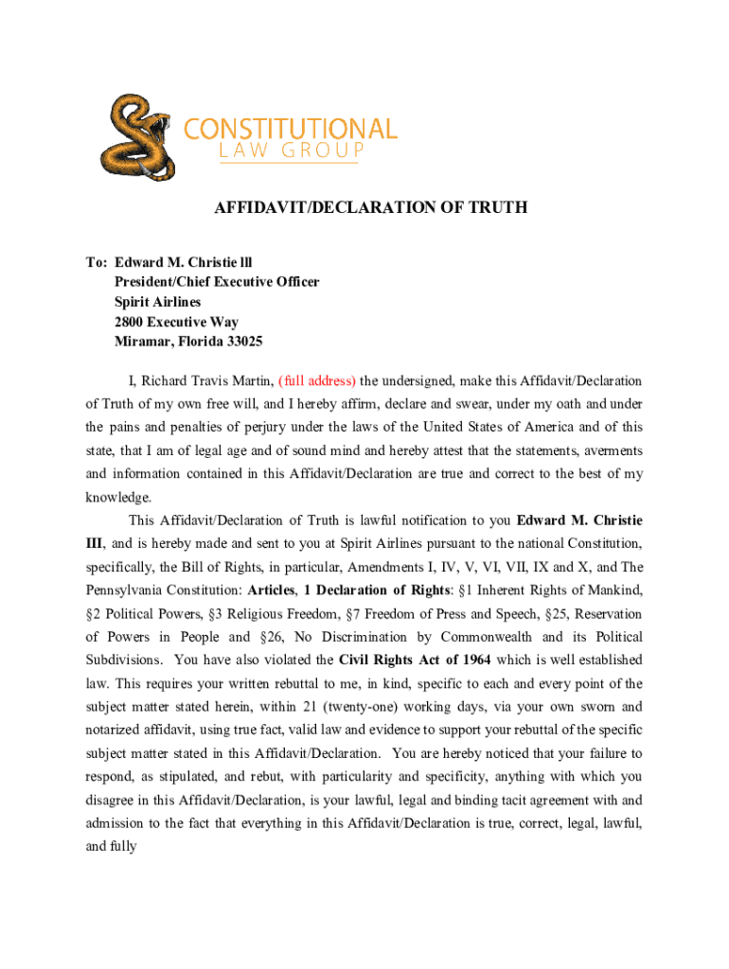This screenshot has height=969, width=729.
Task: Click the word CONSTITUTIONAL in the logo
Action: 290,129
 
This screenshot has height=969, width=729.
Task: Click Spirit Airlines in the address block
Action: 158,302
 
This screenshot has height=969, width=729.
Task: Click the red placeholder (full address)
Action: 316,381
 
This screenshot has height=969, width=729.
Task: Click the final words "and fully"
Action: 111,846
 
